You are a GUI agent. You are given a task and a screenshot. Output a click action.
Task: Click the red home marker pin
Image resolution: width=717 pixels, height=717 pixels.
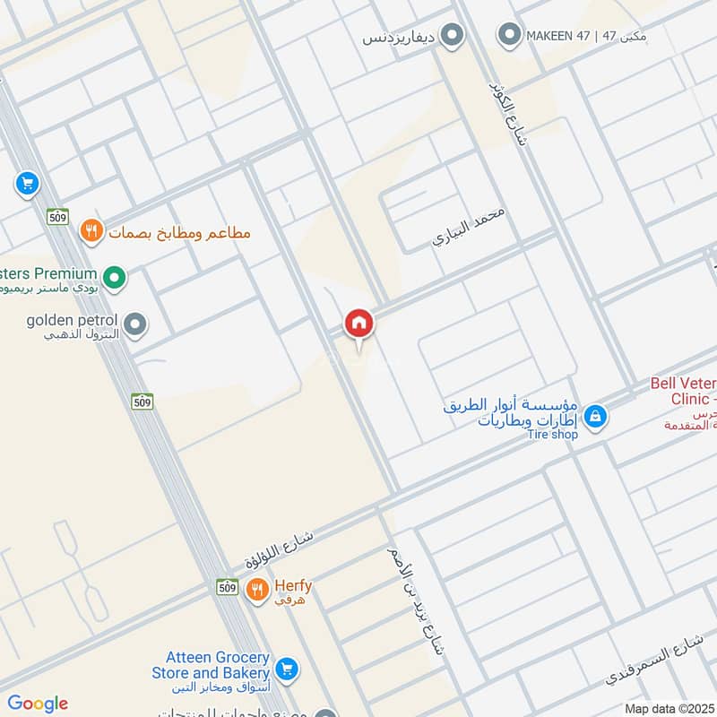point(358,324)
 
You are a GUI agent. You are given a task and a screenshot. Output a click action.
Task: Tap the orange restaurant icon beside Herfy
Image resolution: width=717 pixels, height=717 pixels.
point(257,589)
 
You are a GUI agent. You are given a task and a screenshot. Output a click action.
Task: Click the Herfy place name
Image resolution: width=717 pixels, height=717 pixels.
point(293,586)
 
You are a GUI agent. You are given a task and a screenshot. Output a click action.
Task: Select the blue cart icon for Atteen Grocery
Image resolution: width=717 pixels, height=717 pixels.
point(287,668)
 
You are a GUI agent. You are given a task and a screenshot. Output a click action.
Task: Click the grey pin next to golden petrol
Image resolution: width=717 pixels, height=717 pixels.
point(135,325)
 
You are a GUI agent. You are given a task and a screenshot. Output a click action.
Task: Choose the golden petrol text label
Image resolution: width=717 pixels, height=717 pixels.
point(72,320)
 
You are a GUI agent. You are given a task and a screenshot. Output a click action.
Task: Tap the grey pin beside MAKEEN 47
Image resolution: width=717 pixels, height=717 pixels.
point(510,36)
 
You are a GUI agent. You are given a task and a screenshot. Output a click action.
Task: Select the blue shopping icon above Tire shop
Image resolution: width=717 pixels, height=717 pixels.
point(594,416)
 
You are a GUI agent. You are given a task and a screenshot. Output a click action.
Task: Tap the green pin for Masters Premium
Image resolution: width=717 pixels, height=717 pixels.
point(114,279)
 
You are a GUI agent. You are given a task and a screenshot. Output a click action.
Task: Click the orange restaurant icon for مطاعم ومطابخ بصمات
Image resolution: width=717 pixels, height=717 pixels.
point(91,232)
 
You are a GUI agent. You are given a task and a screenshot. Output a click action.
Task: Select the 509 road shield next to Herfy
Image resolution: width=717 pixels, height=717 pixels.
point(227,587)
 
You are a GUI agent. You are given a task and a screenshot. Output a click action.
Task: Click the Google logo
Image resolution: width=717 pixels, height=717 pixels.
point(38,704)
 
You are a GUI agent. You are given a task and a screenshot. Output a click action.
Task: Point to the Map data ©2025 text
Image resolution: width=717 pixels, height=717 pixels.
point(669,708)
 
